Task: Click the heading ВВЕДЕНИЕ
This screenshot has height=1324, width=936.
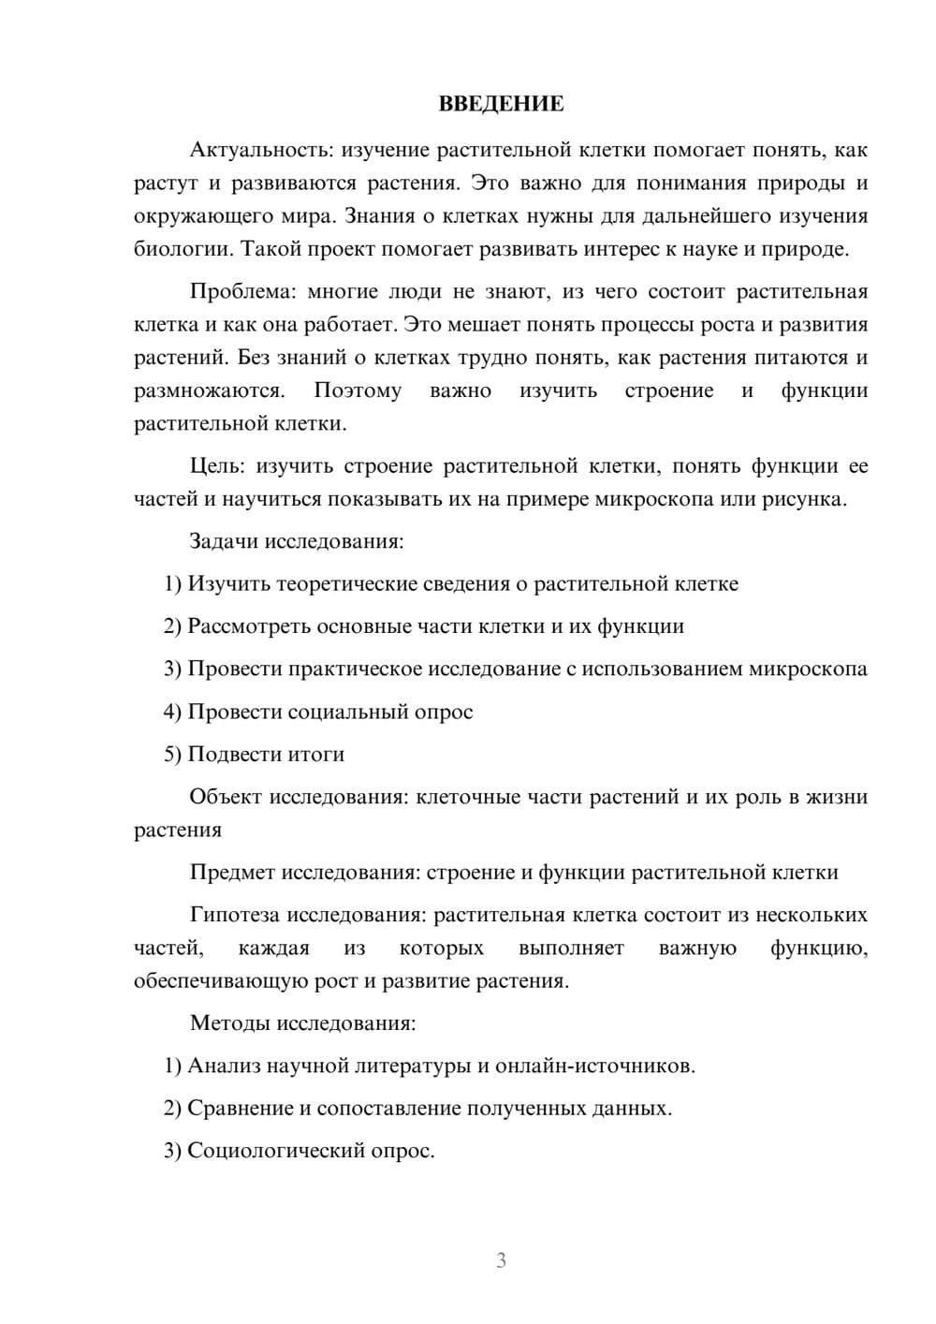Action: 501,104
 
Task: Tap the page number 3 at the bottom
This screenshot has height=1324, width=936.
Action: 501,1260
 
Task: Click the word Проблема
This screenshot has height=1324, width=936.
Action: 241,291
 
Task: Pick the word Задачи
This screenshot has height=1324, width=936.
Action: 225,541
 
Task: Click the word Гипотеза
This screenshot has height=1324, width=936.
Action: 235,915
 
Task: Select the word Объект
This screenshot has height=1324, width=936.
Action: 226,797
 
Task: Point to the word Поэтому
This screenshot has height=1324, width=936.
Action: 357,390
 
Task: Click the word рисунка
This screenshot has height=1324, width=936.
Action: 809,499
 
